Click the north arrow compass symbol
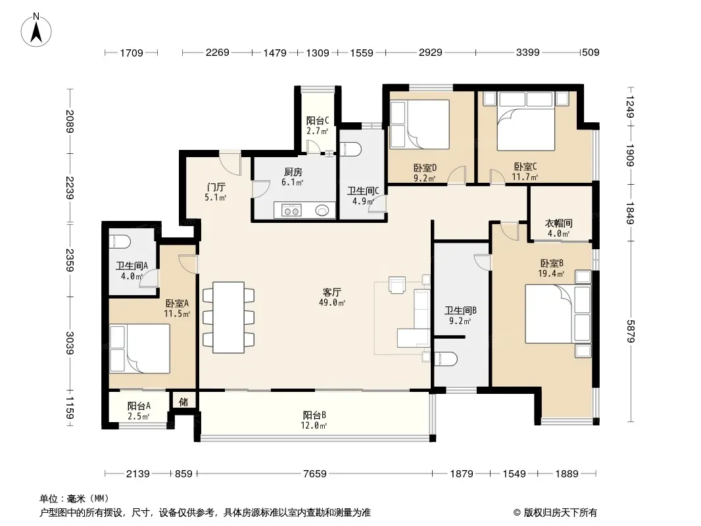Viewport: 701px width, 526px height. [x=36, y=30]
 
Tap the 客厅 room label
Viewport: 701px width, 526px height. [x=331, y=293]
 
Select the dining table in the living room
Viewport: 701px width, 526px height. [x=228, y=318]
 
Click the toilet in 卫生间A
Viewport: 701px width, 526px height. [x=120, y=242]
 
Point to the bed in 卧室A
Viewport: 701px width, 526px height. [x=140, y=348]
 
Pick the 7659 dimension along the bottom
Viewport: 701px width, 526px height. [x=315, y=473]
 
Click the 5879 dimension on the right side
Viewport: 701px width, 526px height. [x=631, y=331]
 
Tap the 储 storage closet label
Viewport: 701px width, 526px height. [x=183, y=402]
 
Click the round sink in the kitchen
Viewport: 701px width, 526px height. [x=322, y=210]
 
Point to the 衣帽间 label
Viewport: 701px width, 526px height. [x=558, y=223]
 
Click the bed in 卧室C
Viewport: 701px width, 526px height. [x=526, y=121]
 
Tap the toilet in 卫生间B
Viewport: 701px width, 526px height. [x=446, y=359]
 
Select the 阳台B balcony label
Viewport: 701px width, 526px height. [x=314, y=415]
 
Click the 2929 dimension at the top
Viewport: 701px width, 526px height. [x=430, y=53]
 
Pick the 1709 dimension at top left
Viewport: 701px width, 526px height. [x=132, y=53]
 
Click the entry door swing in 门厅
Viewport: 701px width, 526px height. [x=231, y=164]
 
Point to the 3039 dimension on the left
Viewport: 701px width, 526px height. [x=69, y=343]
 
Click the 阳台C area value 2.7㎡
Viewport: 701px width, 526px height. [x=318, y=131]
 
